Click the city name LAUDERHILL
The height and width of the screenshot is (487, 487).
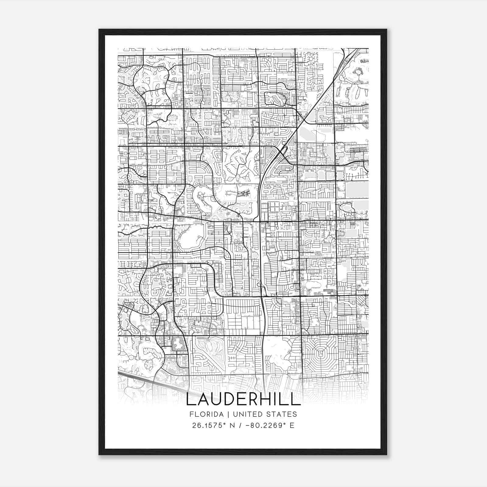[243, 399]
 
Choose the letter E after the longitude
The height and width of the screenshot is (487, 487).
[292, 425]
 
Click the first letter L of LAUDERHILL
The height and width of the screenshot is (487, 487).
[191, 399]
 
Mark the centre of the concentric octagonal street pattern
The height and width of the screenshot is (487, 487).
[320, 354]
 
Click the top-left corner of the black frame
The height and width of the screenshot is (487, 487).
[99, 30]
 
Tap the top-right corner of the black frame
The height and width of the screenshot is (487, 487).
[387, 30]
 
